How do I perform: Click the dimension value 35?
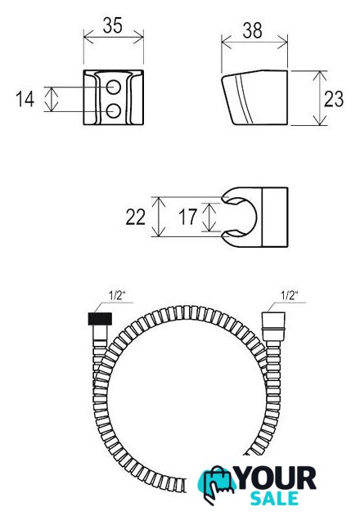pos(112,25)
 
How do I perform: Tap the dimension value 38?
pos(253,30)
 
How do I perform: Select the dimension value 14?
pos(25,100)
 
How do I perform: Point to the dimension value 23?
pos(334,99)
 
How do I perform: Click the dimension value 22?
pos(135,218)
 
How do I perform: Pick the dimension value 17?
pos(187,217)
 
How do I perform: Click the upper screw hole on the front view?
pos(114,87)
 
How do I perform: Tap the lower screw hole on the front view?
pos(114,110)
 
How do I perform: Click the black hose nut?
pos(100,319)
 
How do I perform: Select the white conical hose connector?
pos(273,325)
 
